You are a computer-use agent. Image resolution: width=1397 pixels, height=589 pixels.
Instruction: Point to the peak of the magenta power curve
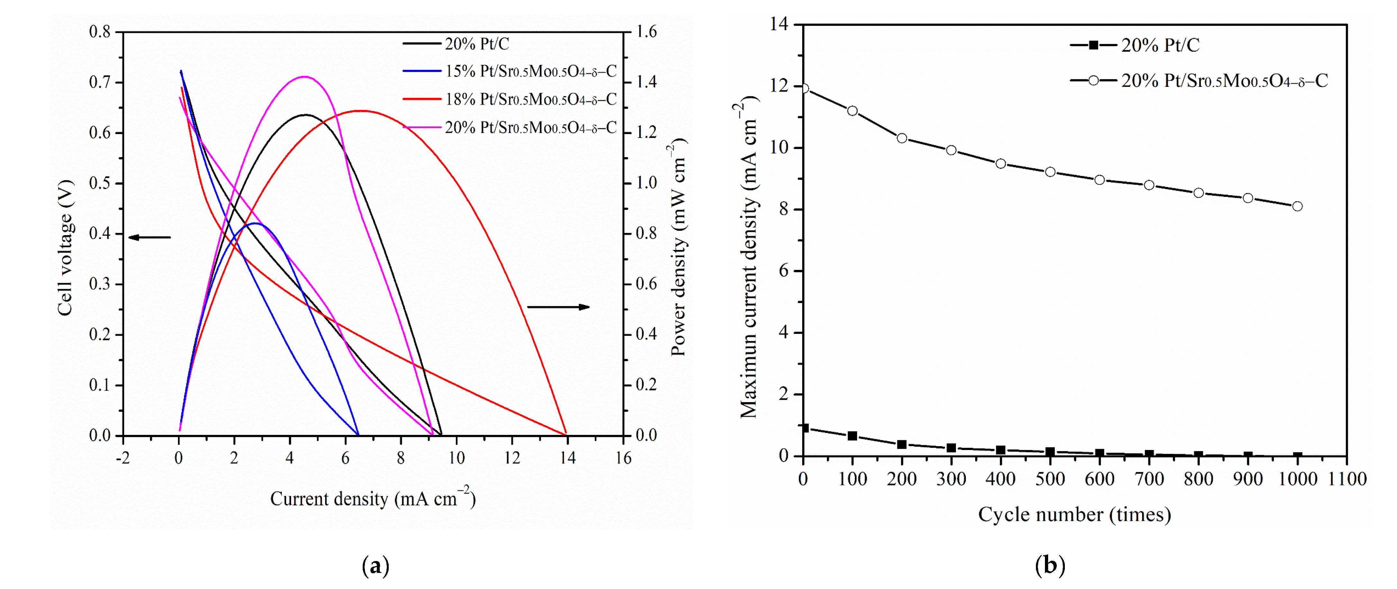click(304, 77)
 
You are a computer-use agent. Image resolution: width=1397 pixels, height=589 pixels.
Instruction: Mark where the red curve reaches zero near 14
click(566, 434)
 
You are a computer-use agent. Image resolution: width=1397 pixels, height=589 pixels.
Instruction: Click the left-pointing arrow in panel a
click(149, 237)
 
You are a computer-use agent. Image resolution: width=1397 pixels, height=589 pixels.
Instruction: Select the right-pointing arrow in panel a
click(558, 307)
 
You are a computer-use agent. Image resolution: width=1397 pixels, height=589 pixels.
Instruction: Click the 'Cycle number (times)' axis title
click(1074, 514)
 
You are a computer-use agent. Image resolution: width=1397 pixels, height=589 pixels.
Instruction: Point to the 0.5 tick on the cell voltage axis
click(99, 183)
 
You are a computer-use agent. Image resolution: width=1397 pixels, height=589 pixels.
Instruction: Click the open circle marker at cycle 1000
click(1297, 206)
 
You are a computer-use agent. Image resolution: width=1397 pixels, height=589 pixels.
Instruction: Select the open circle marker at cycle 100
click(853, 111)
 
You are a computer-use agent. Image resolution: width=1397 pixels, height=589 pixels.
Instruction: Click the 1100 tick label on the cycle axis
click(1347, 479)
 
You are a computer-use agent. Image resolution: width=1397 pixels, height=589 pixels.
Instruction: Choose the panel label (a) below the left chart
click(375, 566)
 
